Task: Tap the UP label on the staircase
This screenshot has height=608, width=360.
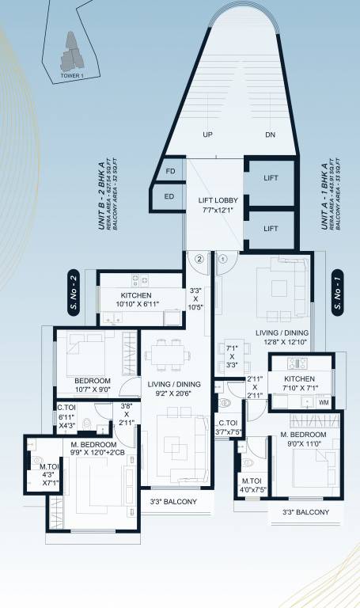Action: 207,135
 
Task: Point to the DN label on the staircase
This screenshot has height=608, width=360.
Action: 271,135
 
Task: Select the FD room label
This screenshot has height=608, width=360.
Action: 170,171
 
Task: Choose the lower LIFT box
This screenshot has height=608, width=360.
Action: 271,228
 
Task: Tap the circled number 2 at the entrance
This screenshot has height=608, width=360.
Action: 201,258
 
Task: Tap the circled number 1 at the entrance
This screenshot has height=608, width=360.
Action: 222,258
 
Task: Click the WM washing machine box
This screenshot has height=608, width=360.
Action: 324,402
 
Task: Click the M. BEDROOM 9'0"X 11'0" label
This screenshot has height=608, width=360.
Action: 297,440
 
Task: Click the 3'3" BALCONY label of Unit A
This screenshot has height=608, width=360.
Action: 310,512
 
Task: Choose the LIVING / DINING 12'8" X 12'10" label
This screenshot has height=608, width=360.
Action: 281,338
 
